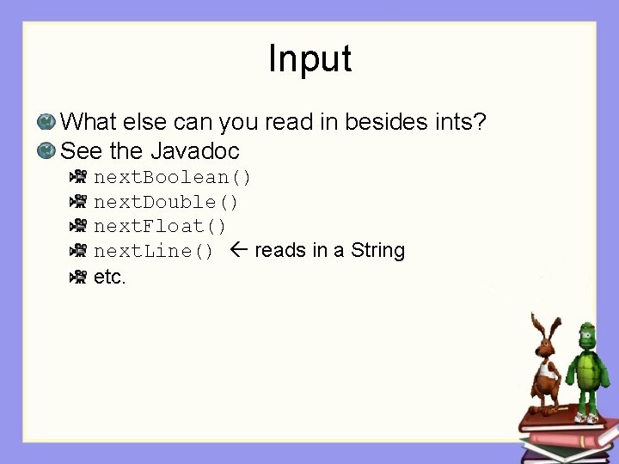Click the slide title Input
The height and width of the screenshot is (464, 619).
pos(309,58)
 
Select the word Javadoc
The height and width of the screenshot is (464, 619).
pos(195,151)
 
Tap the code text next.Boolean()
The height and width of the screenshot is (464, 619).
pos(173,178)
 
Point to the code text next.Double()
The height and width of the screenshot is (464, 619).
pos(166,202)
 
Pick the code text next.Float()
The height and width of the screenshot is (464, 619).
pos(160,226)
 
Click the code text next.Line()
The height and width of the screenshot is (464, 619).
pos(154,251)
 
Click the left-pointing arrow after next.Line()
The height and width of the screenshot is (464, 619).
pos(240,250)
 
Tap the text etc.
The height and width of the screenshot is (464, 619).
pos(110,277)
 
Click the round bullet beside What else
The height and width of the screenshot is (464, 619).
pos(46,123)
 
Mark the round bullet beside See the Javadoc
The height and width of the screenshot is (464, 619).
pos(46,151)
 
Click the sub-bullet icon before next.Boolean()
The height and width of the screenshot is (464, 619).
pos(78,177)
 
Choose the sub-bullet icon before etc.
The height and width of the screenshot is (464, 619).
pos(78,276)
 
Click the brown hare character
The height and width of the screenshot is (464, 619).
pos(545,369)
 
